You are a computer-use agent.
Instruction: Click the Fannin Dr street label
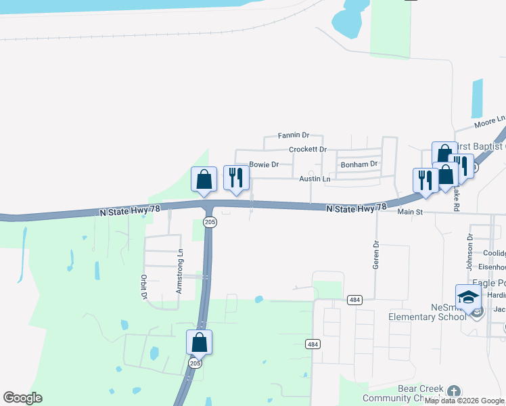click(x=293, y=136)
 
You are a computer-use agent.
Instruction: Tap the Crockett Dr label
click(x=307, y=150)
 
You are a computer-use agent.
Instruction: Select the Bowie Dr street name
click(x=264, y=164)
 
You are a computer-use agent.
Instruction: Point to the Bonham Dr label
click(x=359, y=164)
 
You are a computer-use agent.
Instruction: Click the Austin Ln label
click(x=315, y=179)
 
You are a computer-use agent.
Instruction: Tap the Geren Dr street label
click(x=376, y=254)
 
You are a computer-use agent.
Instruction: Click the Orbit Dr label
click(x=144, y=286)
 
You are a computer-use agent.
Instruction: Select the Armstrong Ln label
click(x=180, y=271)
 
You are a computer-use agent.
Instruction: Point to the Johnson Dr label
click(x=469, y=247)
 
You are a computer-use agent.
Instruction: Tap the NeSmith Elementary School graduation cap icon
click(x=468, y=296)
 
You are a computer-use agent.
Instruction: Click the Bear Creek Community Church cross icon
click(x=453, y=390)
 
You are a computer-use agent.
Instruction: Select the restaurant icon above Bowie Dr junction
click(x=236, y=178)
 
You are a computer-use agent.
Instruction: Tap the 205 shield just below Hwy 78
click(x=210, y=222)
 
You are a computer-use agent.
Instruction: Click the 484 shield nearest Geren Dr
click(x=354, y=299)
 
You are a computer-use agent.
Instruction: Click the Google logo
click(x=22, y=398)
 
